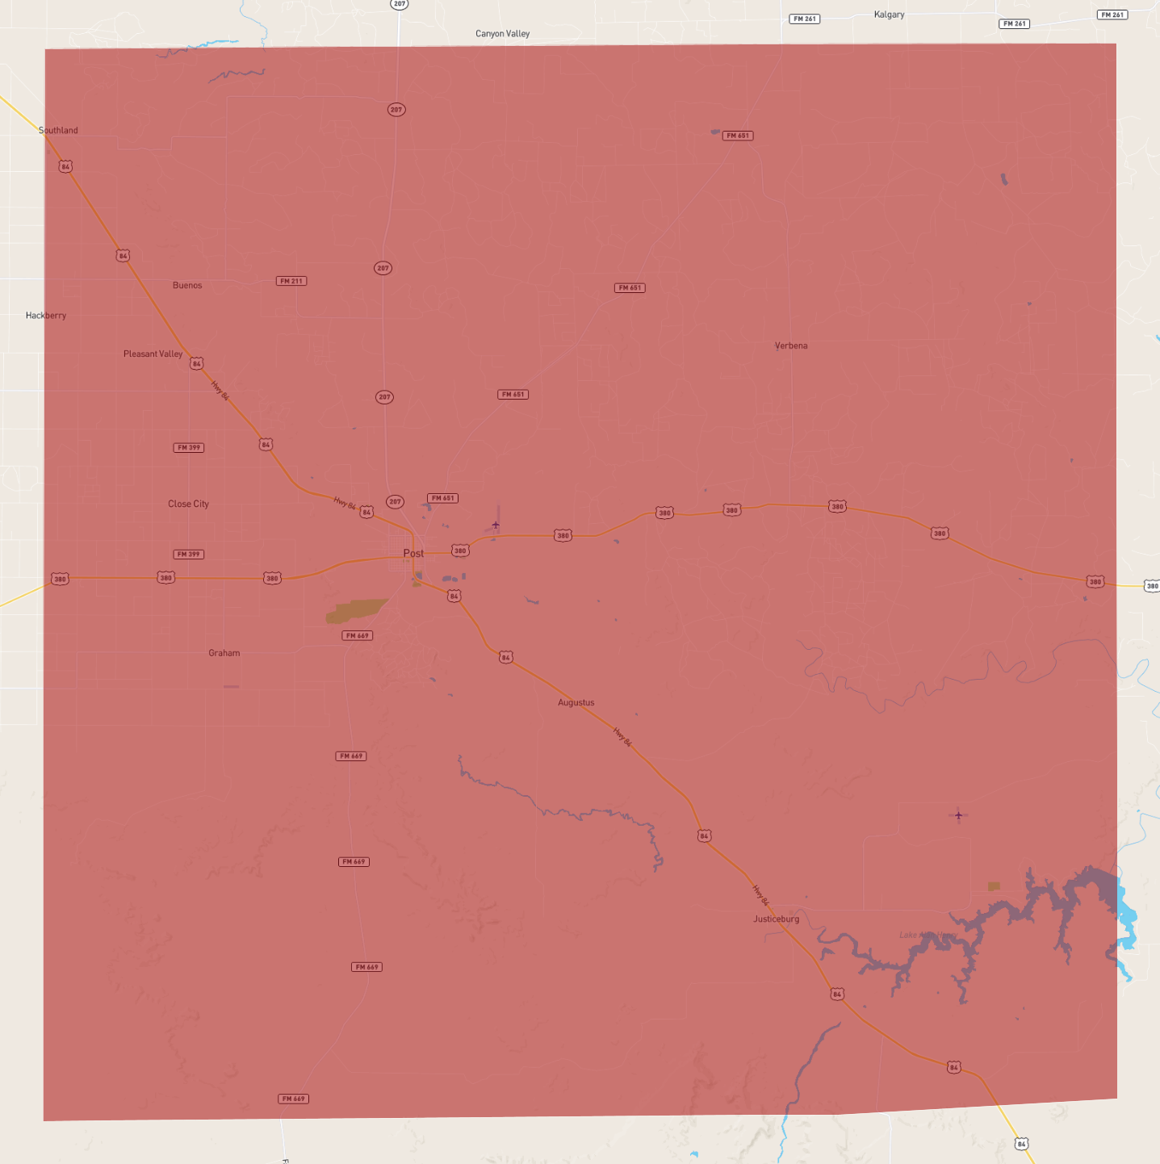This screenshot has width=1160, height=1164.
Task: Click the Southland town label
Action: (x=58, y=130)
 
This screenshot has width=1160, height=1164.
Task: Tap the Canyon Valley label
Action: (x=502, y=34)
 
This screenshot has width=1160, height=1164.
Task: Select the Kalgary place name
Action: (x=889, y=15)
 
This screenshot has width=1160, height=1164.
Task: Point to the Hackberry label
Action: (x=46, y=316)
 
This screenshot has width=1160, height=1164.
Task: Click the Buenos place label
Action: (x=187, y=286)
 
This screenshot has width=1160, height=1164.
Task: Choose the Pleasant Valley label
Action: (x=153, y=354)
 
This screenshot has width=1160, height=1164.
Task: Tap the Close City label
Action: (x=188, y=504)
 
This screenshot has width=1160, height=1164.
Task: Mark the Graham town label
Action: (x=224, y=653)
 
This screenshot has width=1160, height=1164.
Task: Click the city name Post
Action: (x=413, y=553)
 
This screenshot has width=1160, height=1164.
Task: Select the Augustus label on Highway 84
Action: (x=576, y=702)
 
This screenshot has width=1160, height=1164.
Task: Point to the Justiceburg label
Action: (x=776, y=919)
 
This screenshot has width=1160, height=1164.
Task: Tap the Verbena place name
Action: (x=791, y=345)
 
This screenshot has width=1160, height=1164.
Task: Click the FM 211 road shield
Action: (x=291, y=281)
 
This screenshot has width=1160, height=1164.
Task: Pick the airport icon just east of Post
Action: (x=496, y=525)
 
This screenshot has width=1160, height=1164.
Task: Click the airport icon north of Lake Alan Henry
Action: (x=958, y=815)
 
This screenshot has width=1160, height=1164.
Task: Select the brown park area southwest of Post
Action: (x=355, y=610)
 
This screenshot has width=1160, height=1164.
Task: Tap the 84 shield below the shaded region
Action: (x=1021, y=1144)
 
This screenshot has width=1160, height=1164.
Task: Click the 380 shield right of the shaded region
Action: (x=1152, y=586)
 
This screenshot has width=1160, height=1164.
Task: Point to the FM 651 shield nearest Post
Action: (x=442, y=498)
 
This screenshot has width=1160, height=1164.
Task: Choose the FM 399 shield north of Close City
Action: (x=188, y=447)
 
